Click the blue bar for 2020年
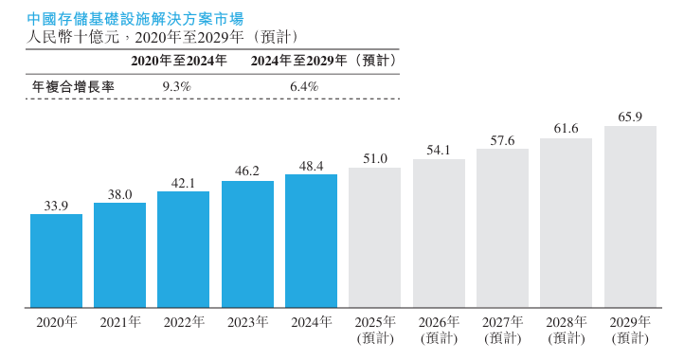pos(56,261)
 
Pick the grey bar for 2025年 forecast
pos(375,238)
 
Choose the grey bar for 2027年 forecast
pos(502,228)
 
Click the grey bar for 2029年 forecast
pos(630,217)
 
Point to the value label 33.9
pos(56,205)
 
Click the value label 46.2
pos(247,171)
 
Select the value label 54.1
pos(439,150)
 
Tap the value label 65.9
pos(630,117)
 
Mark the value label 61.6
pos(567,129)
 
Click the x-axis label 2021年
pos(120,322)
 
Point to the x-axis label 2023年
pos(247,322)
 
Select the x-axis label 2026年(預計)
pos(439,330)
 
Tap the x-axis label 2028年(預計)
pos(567,330)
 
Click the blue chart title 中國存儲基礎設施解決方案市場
pos(135,17)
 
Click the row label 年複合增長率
pos(74,86)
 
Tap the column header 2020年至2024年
pos(179,60)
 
